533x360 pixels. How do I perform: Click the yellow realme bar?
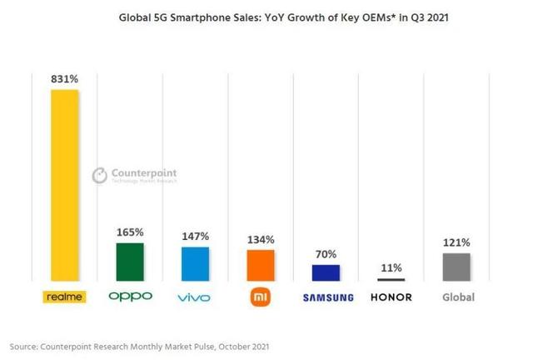click(x=64, y=185)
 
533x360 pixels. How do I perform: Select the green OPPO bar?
click(x=130, y=262)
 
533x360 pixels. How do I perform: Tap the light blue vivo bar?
click(x=195, y=263)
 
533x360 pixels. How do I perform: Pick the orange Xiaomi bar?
click(x=260, y=265)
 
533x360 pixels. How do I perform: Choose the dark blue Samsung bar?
click(x=326, y=272)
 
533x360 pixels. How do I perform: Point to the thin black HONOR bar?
click(x=391, y=280)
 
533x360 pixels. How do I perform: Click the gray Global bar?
click(x=456, y=267)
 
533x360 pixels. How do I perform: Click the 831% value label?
click(x=64, y=78)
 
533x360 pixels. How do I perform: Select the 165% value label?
click(x=130, y=232)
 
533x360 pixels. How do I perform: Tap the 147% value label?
click(x=195, y=236)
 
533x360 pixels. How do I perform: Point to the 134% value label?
click(x=260, y=239)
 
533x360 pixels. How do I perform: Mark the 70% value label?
click(x=326, y=254)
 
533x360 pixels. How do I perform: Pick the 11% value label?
click(x=391, y=268)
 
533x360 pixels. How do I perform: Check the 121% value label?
click(x=456, y=242)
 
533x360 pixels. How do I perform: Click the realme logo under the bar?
click(x=64, y=297)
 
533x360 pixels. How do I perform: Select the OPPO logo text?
click(x=130, y=297)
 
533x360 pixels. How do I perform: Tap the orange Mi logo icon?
click(x=260, y=297)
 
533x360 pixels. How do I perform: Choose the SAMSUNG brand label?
click(x=326, y=297)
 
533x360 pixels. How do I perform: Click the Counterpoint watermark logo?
click(x=133, y=175)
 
